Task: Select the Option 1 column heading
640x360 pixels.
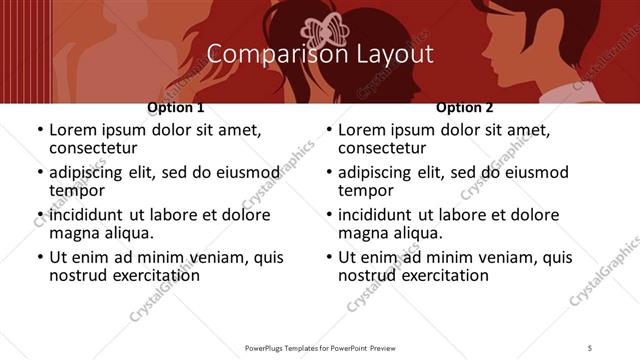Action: pos(176,107)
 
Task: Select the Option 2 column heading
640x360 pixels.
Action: pos(465,107)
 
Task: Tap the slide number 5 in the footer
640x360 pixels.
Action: pos(591,347)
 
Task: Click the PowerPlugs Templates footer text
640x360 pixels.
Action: pos(319,347)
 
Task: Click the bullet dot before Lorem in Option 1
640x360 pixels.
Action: pos(39,131)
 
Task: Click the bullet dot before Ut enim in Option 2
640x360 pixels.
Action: pos(328,257)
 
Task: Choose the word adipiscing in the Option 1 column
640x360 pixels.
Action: pos(91,173)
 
